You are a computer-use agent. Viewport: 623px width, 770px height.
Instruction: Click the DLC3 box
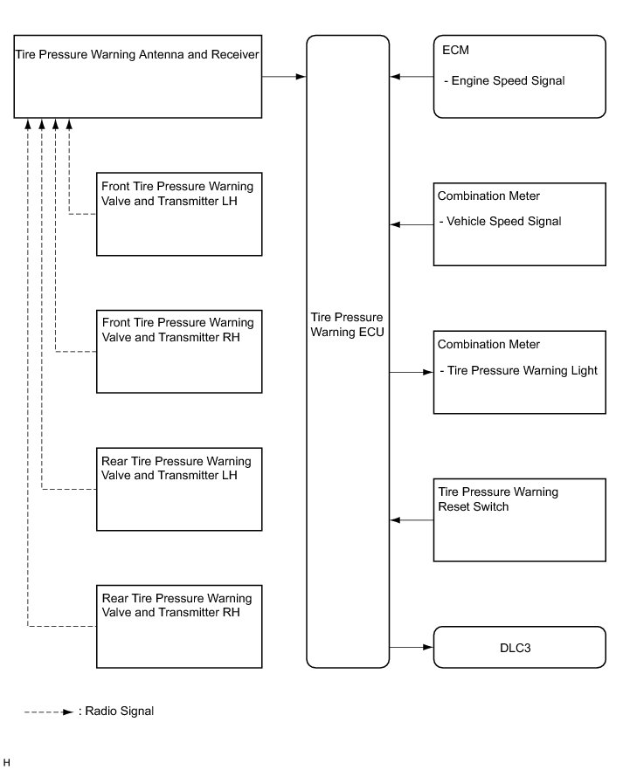(x=519, y=647)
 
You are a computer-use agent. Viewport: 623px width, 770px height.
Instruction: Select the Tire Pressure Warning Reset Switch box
(x=519, y=520)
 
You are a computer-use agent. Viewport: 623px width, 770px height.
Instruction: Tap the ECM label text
(x=455, y=50)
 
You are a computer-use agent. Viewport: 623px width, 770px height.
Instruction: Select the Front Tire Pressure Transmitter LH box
(x=179, y=214)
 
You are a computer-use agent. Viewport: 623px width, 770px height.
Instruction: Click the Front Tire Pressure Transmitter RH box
(x=179, y=352)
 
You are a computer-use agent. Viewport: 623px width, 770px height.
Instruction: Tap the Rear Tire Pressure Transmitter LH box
(x=179, y=489)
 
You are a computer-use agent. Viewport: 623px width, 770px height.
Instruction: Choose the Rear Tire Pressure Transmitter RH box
(x=179, y=626)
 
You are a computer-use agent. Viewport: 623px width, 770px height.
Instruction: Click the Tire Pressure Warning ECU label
(x=347, y=325)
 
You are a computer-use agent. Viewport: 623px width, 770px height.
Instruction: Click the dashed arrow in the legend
(x=49, y=712)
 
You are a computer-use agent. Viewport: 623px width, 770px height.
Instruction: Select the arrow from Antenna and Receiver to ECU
(x=283, y=77)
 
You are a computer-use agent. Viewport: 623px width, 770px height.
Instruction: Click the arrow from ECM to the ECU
(x=412, y=77)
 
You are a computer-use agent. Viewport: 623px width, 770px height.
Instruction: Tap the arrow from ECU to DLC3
(x=412, y=647)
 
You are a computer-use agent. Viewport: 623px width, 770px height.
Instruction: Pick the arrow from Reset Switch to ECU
(x=412, y=520)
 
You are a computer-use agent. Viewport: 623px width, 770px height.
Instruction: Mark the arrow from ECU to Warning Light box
(x=412, y=372)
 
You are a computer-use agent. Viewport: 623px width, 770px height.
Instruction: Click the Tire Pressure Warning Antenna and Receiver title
(x=137, y=54)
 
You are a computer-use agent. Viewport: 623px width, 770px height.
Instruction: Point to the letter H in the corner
(x=6, y=762)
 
